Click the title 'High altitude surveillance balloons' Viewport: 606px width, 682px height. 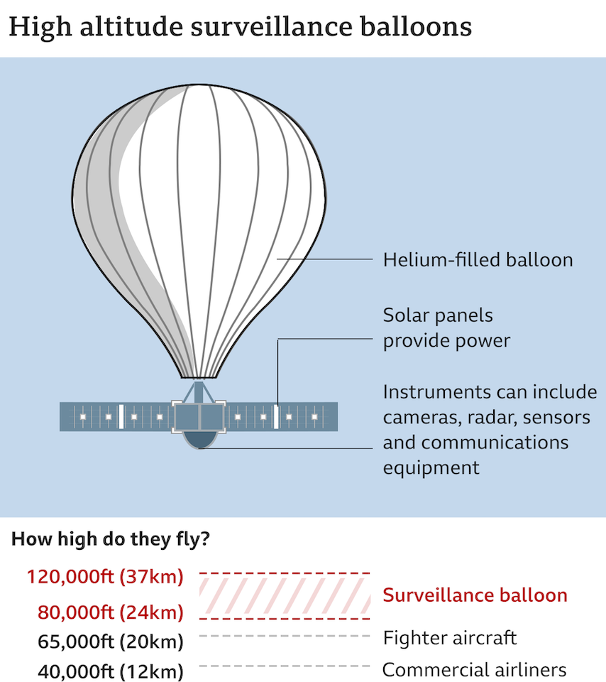[241, 26]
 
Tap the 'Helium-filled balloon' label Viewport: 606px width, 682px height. [478, 260]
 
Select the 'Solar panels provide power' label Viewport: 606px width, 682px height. [446, 328]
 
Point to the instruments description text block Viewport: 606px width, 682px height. [490, 430]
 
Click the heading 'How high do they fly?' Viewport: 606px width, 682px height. [110, 539]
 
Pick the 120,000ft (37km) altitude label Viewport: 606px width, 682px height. [105, 577]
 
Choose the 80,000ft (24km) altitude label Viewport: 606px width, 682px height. [111, 612]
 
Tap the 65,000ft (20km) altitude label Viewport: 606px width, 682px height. [111, 642]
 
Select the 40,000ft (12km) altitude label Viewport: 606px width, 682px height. [111, 671]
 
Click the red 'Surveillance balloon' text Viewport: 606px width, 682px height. [475, 595]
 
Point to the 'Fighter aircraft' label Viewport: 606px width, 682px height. [450, 638]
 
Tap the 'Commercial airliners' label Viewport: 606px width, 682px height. [475, 669]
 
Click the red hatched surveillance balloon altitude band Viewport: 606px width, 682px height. [285, 596]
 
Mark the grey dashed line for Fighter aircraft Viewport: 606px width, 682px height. [285, 636]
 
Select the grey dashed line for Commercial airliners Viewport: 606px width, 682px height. [285, 666]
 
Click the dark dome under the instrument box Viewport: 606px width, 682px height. [199, 440]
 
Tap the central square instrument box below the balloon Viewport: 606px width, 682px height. [199, 417]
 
